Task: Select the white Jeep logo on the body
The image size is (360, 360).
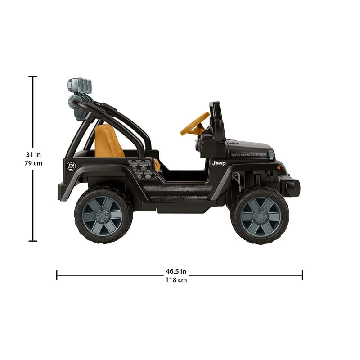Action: point(219,163)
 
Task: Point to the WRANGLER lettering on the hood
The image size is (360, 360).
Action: point(247,155)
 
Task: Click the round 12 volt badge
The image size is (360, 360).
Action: point(71,166)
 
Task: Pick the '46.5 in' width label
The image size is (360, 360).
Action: point(176,271)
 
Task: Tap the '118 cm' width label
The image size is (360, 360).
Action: point(176,279)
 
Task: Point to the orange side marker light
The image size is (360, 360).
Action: point(279,167)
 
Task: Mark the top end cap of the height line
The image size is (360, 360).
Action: point(32,77)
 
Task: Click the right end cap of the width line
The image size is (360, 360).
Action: point(302,275)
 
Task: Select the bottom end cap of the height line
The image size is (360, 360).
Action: point(32,241)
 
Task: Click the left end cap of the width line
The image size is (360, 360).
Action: point(57,275)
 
